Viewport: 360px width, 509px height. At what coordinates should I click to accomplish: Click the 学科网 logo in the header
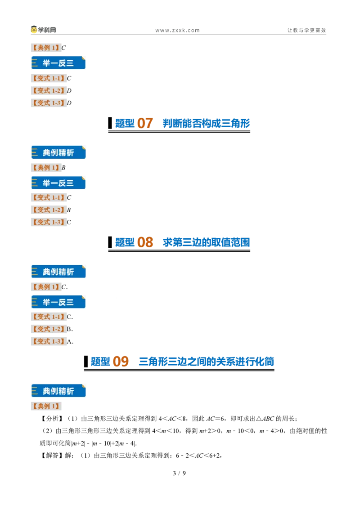pyautogui.click(x=43, y=30)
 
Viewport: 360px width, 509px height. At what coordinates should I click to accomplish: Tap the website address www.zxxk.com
pyautogui.click(x=177, y=31)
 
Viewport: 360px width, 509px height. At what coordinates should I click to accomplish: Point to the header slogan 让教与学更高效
pyautogui.click(x=306, y=30)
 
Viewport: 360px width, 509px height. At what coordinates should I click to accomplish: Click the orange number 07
pyautogui.click(x=145, y=123)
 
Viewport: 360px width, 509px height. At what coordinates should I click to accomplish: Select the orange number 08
pyautogui.click(x=145, y=242)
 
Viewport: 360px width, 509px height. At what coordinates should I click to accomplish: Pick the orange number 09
pyautogui.click(x=121, y=362)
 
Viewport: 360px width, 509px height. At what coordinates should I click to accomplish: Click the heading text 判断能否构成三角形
pyautogui.click(x=206, y=123)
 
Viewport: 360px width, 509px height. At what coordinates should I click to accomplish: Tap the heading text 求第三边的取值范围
pyautogui.click(x=206, y=242)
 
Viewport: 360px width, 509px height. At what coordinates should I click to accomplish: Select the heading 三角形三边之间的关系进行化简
pyautogui.click(x=206, y=362)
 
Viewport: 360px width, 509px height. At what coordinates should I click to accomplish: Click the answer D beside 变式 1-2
pyautogui.click(x=69, y=90)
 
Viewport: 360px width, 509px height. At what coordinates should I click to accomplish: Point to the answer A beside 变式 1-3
pyautogui.click(x=69, y=341)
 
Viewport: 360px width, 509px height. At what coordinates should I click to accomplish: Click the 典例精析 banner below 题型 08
pyautogui.click(x=58, y=272)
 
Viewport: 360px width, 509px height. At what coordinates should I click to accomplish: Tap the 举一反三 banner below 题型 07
pyautogui.click(x=58, y=183)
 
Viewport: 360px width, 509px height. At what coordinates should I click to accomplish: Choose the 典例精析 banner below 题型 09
pyautogui.click(x=58, y=391)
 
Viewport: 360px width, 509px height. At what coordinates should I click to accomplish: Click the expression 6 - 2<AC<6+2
pyautogui.click(x=198, y=455)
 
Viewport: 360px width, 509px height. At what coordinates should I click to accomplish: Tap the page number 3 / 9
pyautogui.click(x=180, y=473)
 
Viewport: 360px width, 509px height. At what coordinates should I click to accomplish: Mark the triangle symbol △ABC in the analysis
pyautogui.click(x=265, y=419)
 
